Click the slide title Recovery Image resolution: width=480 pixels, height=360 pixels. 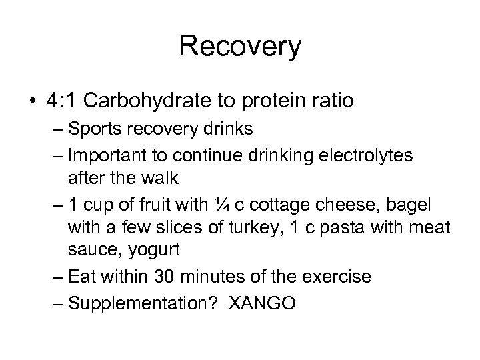tap(240, 47)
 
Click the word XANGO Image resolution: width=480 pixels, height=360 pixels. tap(263, 303)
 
